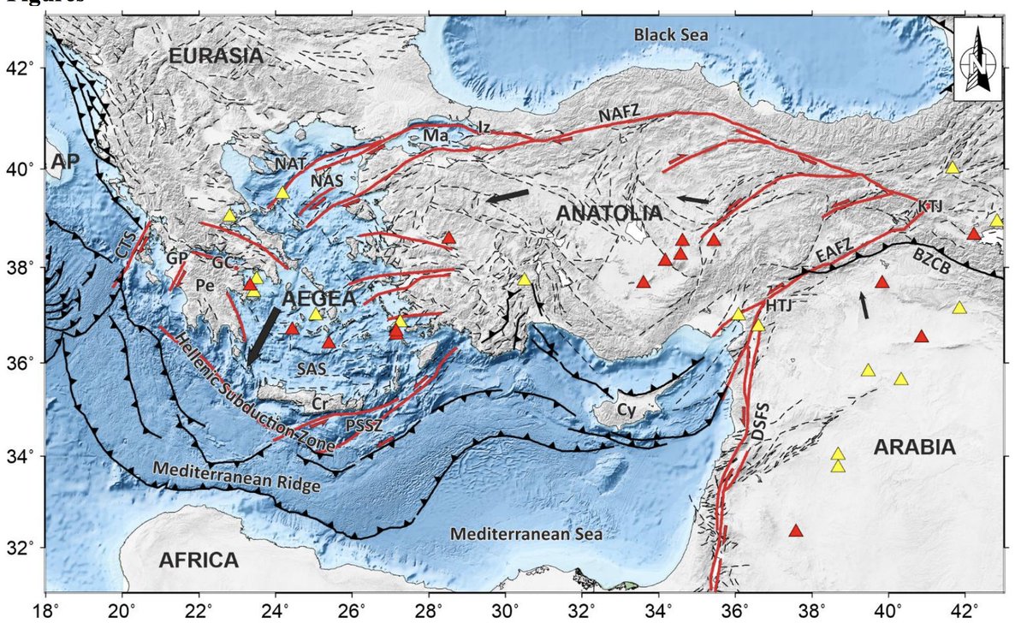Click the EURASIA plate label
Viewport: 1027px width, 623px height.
coord(214,56)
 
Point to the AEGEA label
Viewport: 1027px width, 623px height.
coord(318,299)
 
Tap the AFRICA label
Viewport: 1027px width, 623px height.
coord(198,561)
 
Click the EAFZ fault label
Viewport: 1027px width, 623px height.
coord(832,253)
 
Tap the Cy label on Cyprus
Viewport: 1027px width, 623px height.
coord(626,412)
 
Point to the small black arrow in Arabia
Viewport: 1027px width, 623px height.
coord(866,305)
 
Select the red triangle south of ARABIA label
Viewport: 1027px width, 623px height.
coord(796,531)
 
